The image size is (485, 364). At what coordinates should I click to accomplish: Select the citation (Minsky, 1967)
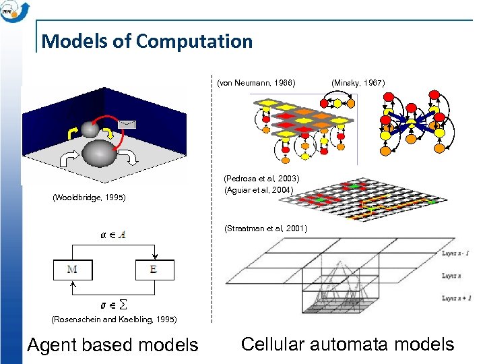tap(358, 83)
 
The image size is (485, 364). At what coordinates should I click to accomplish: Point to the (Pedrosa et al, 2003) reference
tap(261, 179)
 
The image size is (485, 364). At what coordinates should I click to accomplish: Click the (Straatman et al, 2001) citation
tap(265, 229)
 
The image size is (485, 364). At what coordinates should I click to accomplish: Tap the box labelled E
tap(155, 270)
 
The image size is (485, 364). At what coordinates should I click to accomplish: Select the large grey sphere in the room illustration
tap(99, 152)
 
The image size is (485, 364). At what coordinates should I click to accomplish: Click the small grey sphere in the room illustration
tap(90, 128)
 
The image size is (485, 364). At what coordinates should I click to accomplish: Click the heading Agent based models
tap(112, 345)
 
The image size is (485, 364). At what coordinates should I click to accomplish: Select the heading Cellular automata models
tap(347, 344)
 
